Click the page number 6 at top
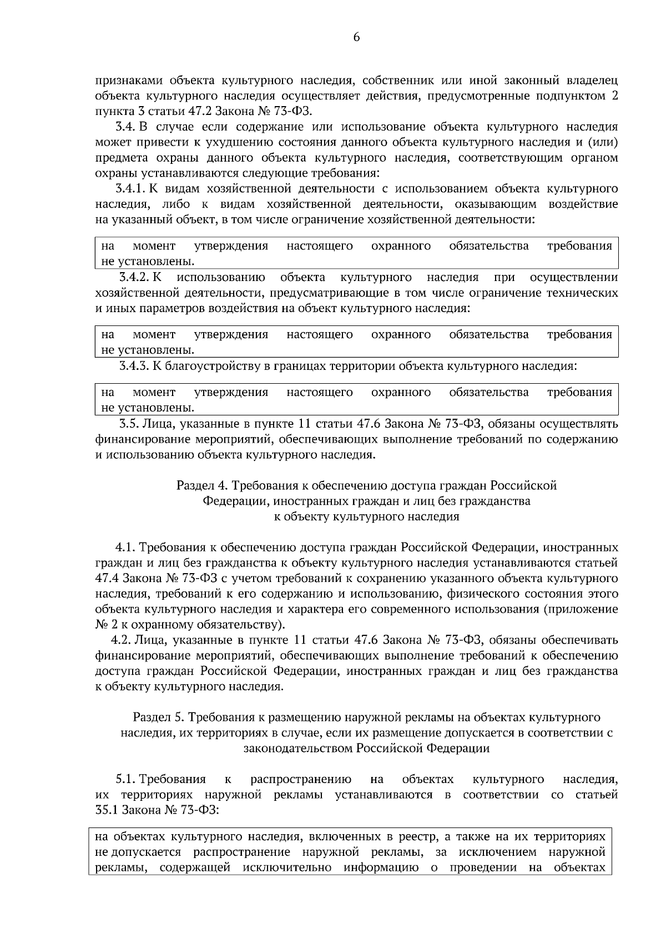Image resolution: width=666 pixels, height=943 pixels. click(x=356, y=37)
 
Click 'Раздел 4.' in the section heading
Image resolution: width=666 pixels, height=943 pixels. click(x=202, y=485)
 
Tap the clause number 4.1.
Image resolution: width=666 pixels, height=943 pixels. click(x=124, y=548)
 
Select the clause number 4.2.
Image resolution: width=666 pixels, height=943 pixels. click(x=121, y=640)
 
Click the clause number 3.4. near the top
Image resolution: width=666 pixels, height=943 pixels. click(x=125, y=127)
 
